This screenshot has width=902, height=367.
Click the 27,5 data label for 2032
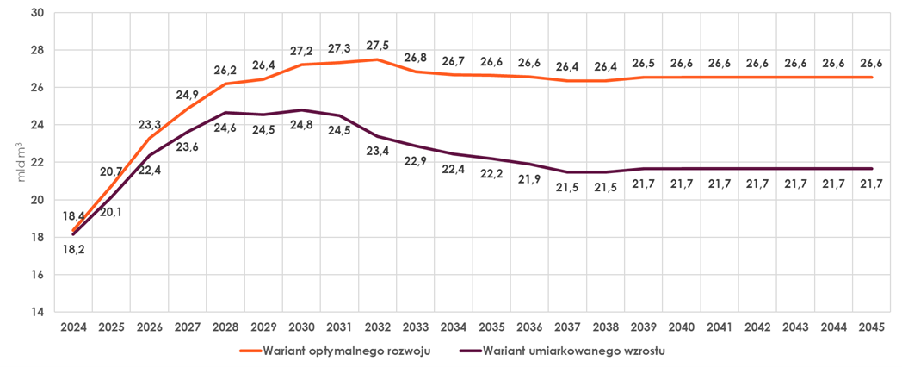point(377,46)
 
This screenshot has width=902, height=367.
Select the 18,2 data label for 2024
point(73,249)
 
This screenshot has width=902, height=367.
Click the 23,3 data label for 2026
point(150,125)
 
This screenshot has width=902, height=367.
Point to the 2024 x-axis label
point(73,327)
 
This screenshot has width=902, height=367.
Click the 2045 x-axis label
point(869,327)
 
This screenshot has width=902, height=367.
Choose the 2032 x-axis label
point(377,327)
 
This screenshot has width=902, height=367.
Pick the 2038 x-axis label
point(604,327)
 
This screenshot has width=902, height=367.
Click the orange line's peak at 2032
point(377,59)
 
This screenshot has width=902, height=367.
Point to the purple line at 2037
point(566,171)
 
